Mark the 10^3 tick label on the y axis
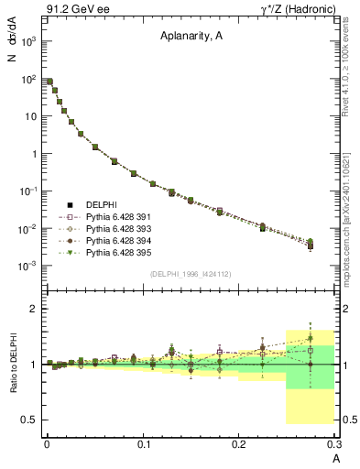[x=29, y=41]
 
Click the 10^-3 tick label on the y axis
[x=29, y=266]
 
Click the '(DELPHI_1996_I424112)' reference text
[x=190, y=274]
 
